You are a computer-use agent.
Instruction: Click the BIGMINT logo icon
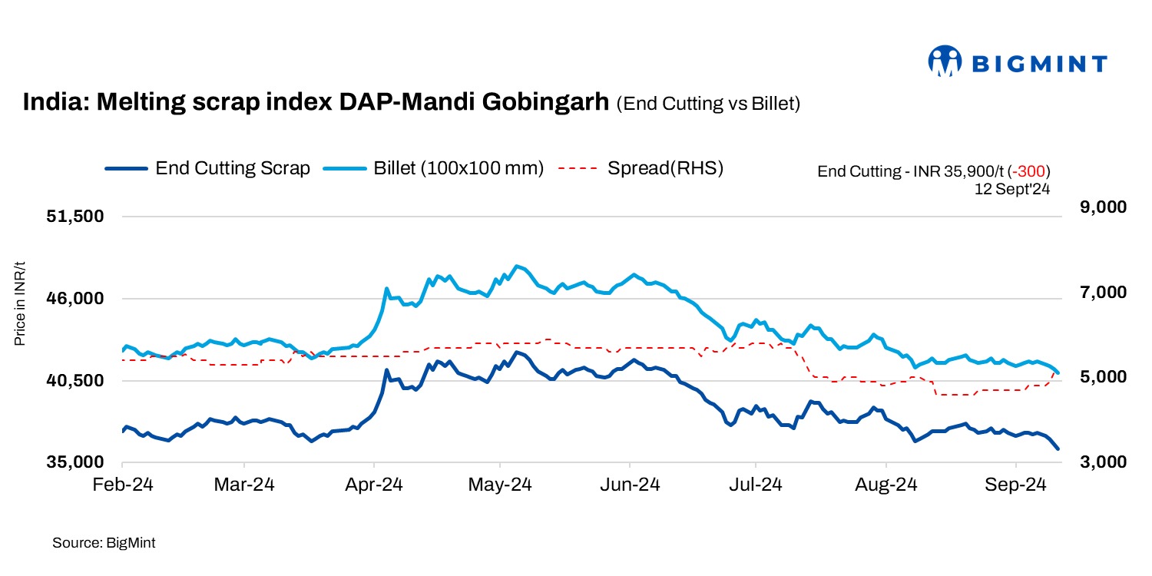pos(945,61)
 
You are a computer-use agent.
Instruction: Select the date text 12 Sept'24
pos(1011,187)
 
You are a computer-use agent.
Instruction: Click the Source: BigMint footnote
pos(104,543)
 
